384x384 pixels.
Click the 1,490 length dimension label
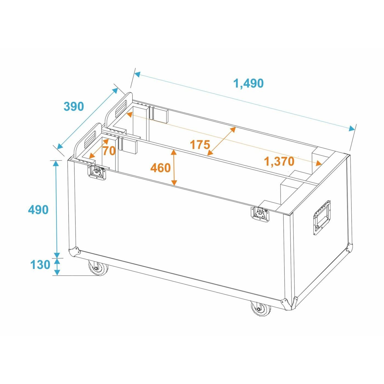point(248,83)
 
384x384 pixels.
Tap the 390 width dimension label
point(74,106)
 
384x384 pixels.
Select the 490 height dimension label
point(38,210)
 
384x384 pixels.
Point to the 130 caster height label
point(40,265)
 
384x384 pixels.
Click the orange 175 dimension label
point(200,145)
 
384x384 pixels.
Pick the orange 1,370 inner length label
point(279,162)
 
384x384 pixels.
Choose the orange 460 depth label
point(160,168)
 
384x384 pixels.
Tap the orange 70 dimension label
point(109,151)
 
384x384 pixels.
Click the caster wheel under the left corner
point(98,268)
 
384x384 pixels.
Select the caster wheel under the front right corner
point(260,309)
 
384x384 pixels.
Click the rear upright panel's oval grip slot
point(121,108)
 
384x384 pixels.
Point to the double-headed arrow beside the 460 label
point(174,168)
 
